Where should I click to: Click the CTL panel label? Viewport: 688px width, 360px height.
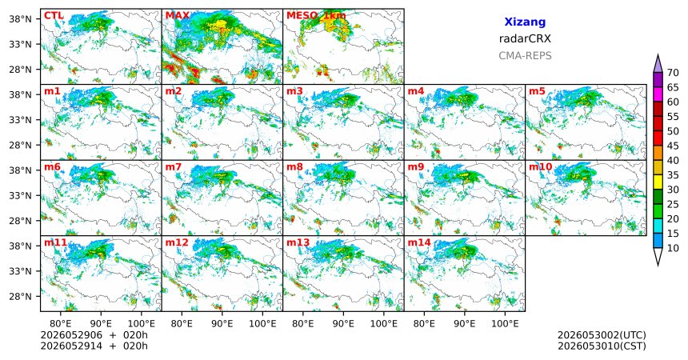click(54, 16)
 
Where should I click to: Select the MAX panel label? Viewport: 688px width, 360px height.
click(178, 16)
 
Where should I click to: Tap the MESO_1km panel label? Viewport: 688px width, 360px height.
click(316, 16)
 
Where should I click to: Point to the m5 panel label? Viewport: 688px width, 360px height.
click(537, 91)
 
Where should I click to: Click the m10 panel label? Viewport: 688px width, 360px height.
click(540, 167)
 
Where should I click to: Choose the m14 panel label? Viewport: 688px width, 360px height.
click(419, 242)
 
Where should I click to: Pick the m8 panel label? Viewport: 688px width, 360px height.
click(294, 167)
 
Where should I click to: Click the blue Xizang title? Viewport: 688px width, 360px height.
click(525, 22)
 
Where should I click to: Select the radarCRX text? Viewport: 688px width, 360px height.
click(525, 38)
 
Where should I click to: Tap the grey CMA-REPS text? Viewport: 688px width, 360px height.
click(525, 56)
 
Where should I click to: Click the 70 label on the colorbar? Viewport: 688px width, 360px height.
click(673, 73)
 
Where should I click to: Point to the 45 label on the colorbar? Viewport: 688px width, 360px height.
click(673, 146)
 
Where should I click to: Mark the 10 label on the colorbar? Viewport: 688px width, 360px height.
click(673, 249)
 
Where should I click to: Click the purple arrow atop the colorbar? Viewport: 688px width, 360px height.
click(658, 64)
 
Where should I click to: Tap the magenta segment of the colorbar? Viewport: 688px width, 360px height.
click(658, 94)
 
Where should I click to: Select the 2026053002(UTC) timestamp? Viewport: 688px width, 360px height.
click(602, 335)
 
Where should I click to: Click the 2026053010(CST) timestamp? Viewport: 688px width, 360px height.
click(602, 346)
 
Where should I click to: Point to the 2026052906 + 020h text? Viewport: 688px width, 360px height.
click(94, 335)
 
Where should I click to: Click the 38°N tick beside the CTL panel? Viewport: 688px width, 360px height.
click(21, 19)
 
